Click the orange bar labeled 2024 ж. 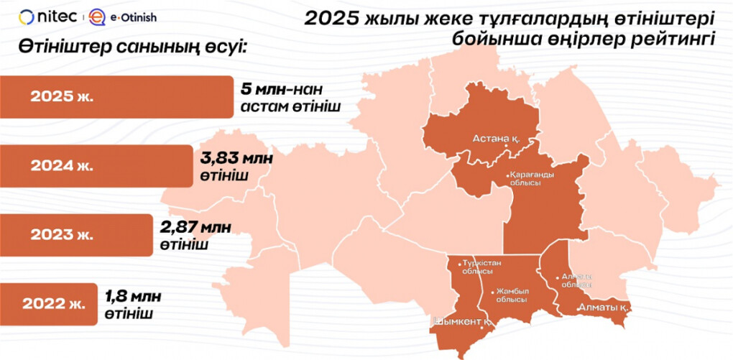click(93, 165)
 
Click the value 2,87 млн click(196, 228)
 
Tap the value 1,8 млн click(134, 296)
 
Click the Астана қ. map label click(497, 138)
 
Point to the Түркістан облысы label click(478, 267)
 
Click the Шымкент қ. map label click(464, 322)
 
